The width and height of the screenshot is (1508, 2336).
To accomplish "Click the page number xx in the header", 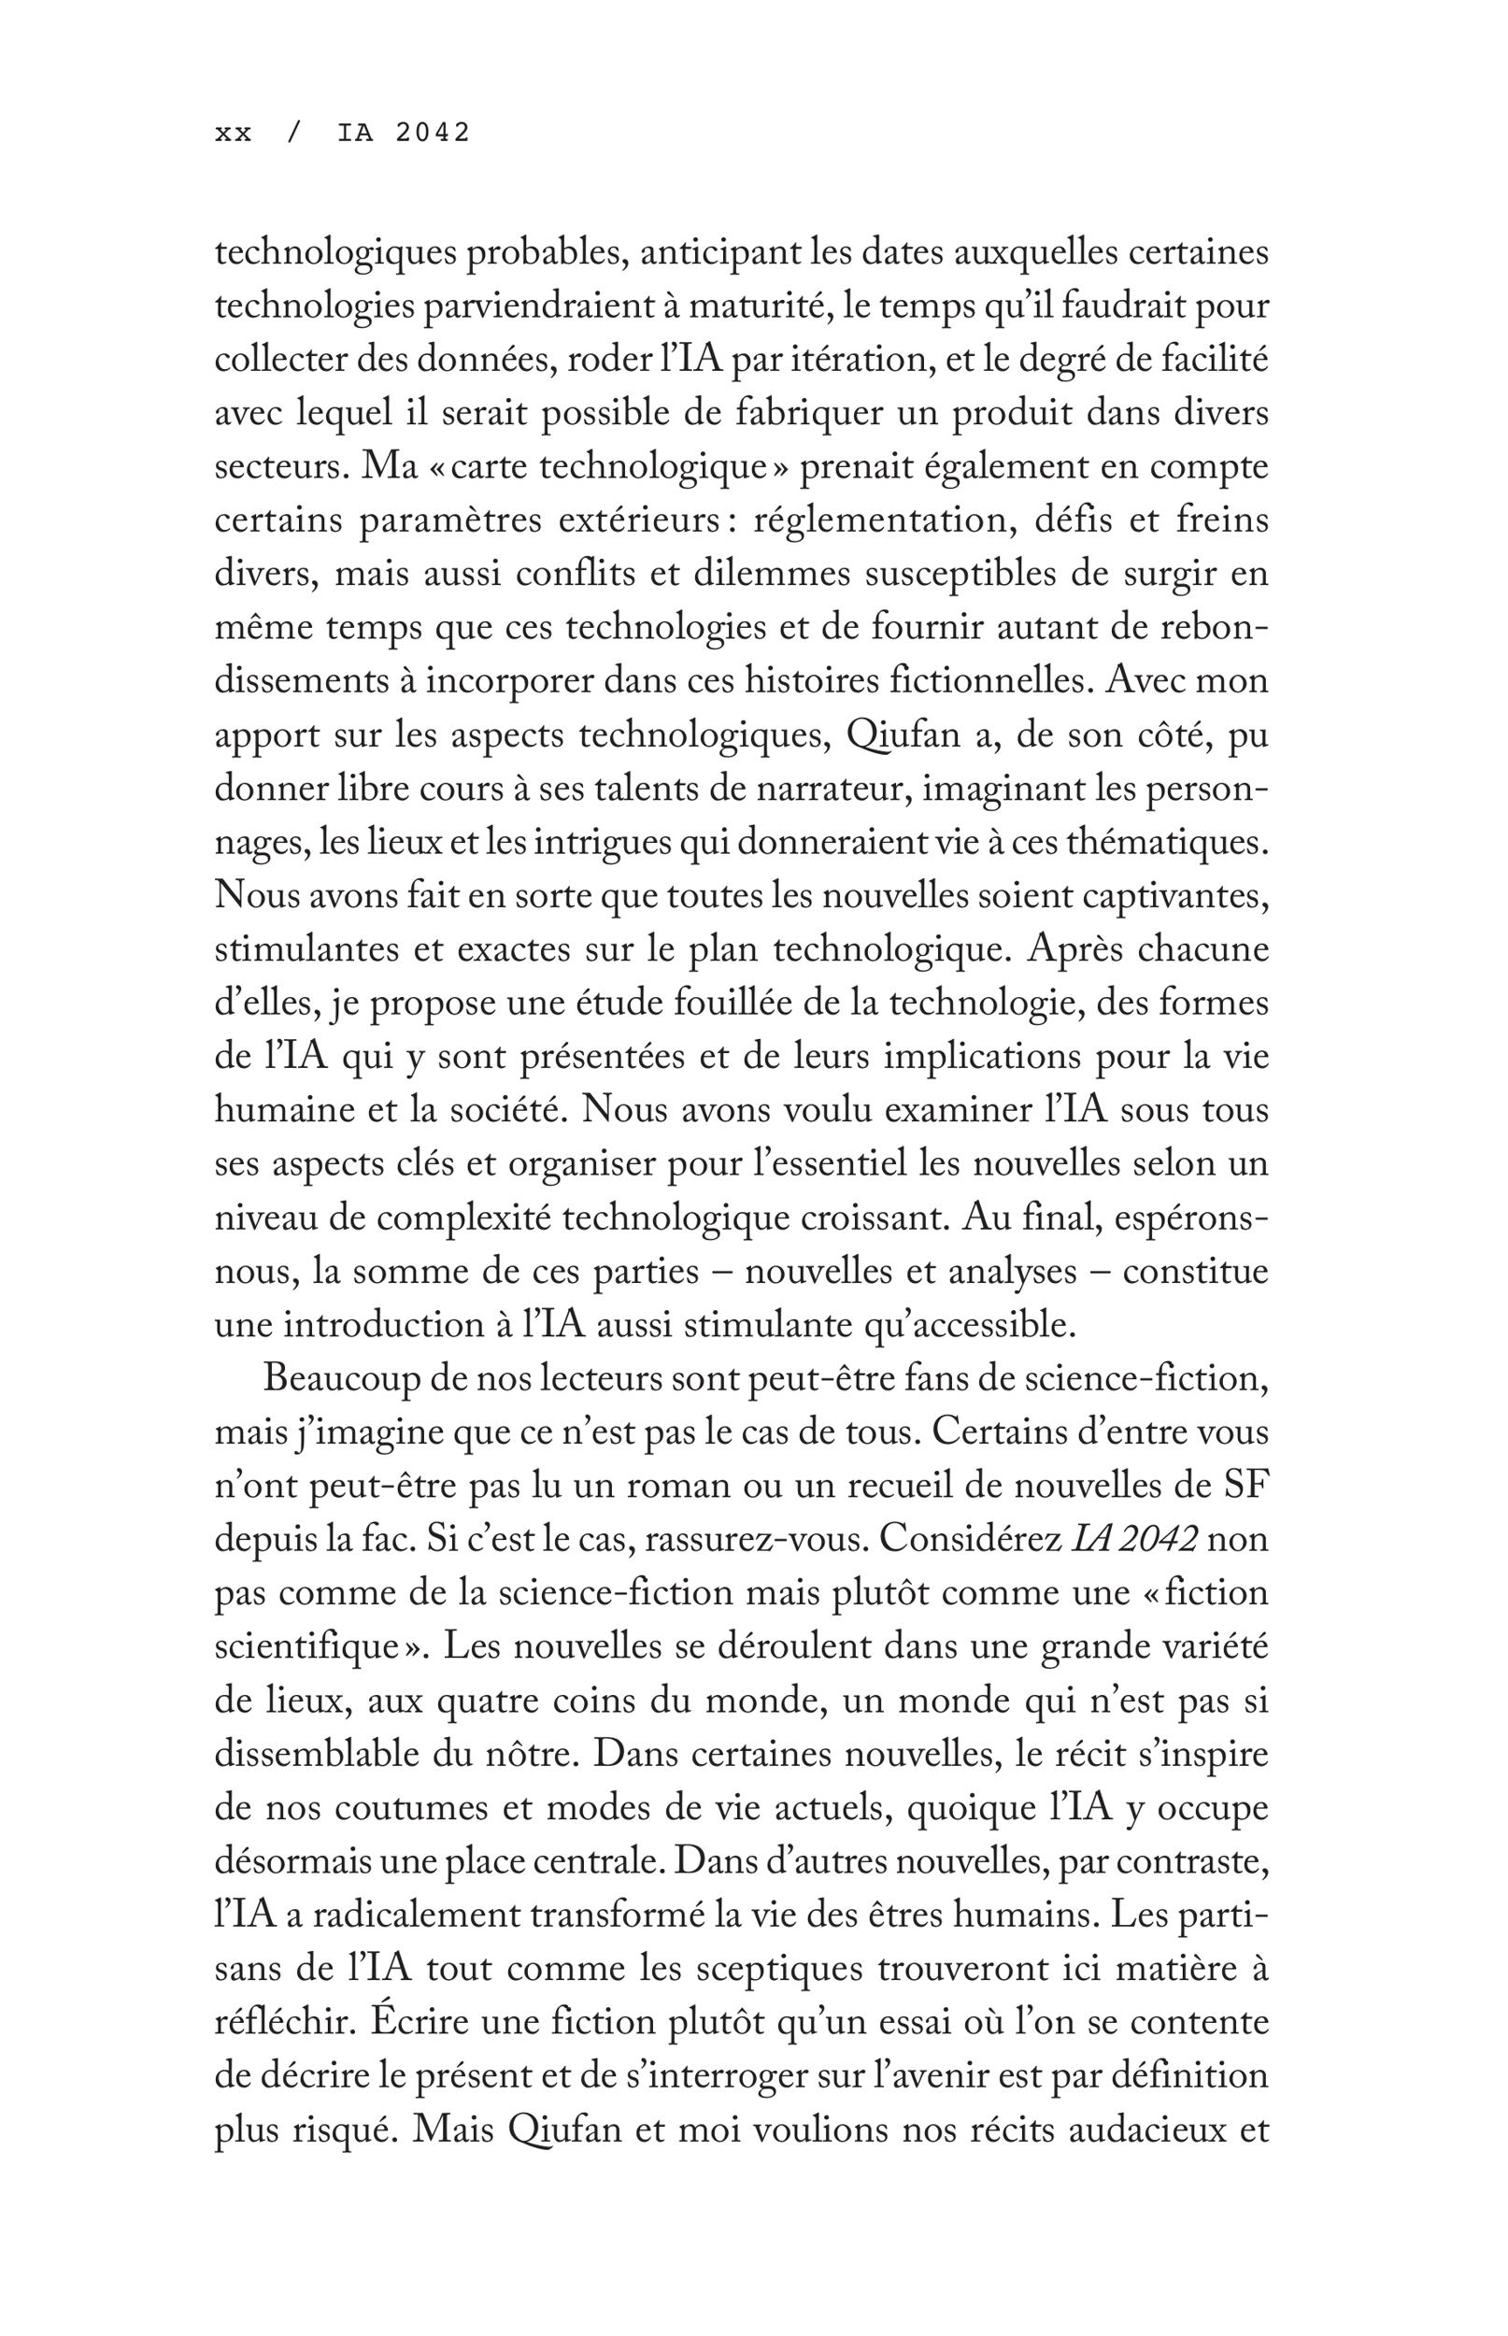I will click(x=233, y=133).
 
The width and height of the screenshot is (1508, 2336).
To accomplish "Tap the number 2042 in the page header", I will click(x=433, y=133).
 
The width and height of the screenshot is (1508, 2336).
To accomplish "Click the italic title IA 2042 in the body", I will click(x=1135, y=1538).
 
